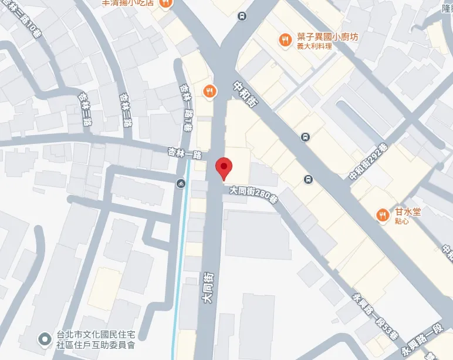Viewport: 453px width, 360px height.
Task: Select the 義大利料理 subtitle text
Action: (x=314, y=46)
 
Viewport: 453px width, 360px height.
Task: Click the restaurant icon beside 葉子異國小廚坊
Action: (x=285, y=39)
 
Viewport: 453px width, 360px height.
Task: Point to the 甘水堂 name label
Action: (x=405, y=212)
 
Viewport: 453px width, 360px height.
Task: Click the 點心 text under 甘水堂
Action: (x=402, y=221)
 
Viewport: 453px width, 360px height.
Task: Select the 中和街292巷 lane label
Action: (x=369, y=162)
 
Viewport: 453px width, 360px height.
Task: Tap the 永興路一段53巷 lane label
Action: (x=374, y=318)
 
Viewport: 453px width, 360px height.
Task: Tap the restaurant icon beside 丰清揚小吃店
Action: (x=166, y=2)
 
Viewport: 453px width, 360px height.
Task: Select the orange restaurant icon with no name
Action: (x=209, y=90)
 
